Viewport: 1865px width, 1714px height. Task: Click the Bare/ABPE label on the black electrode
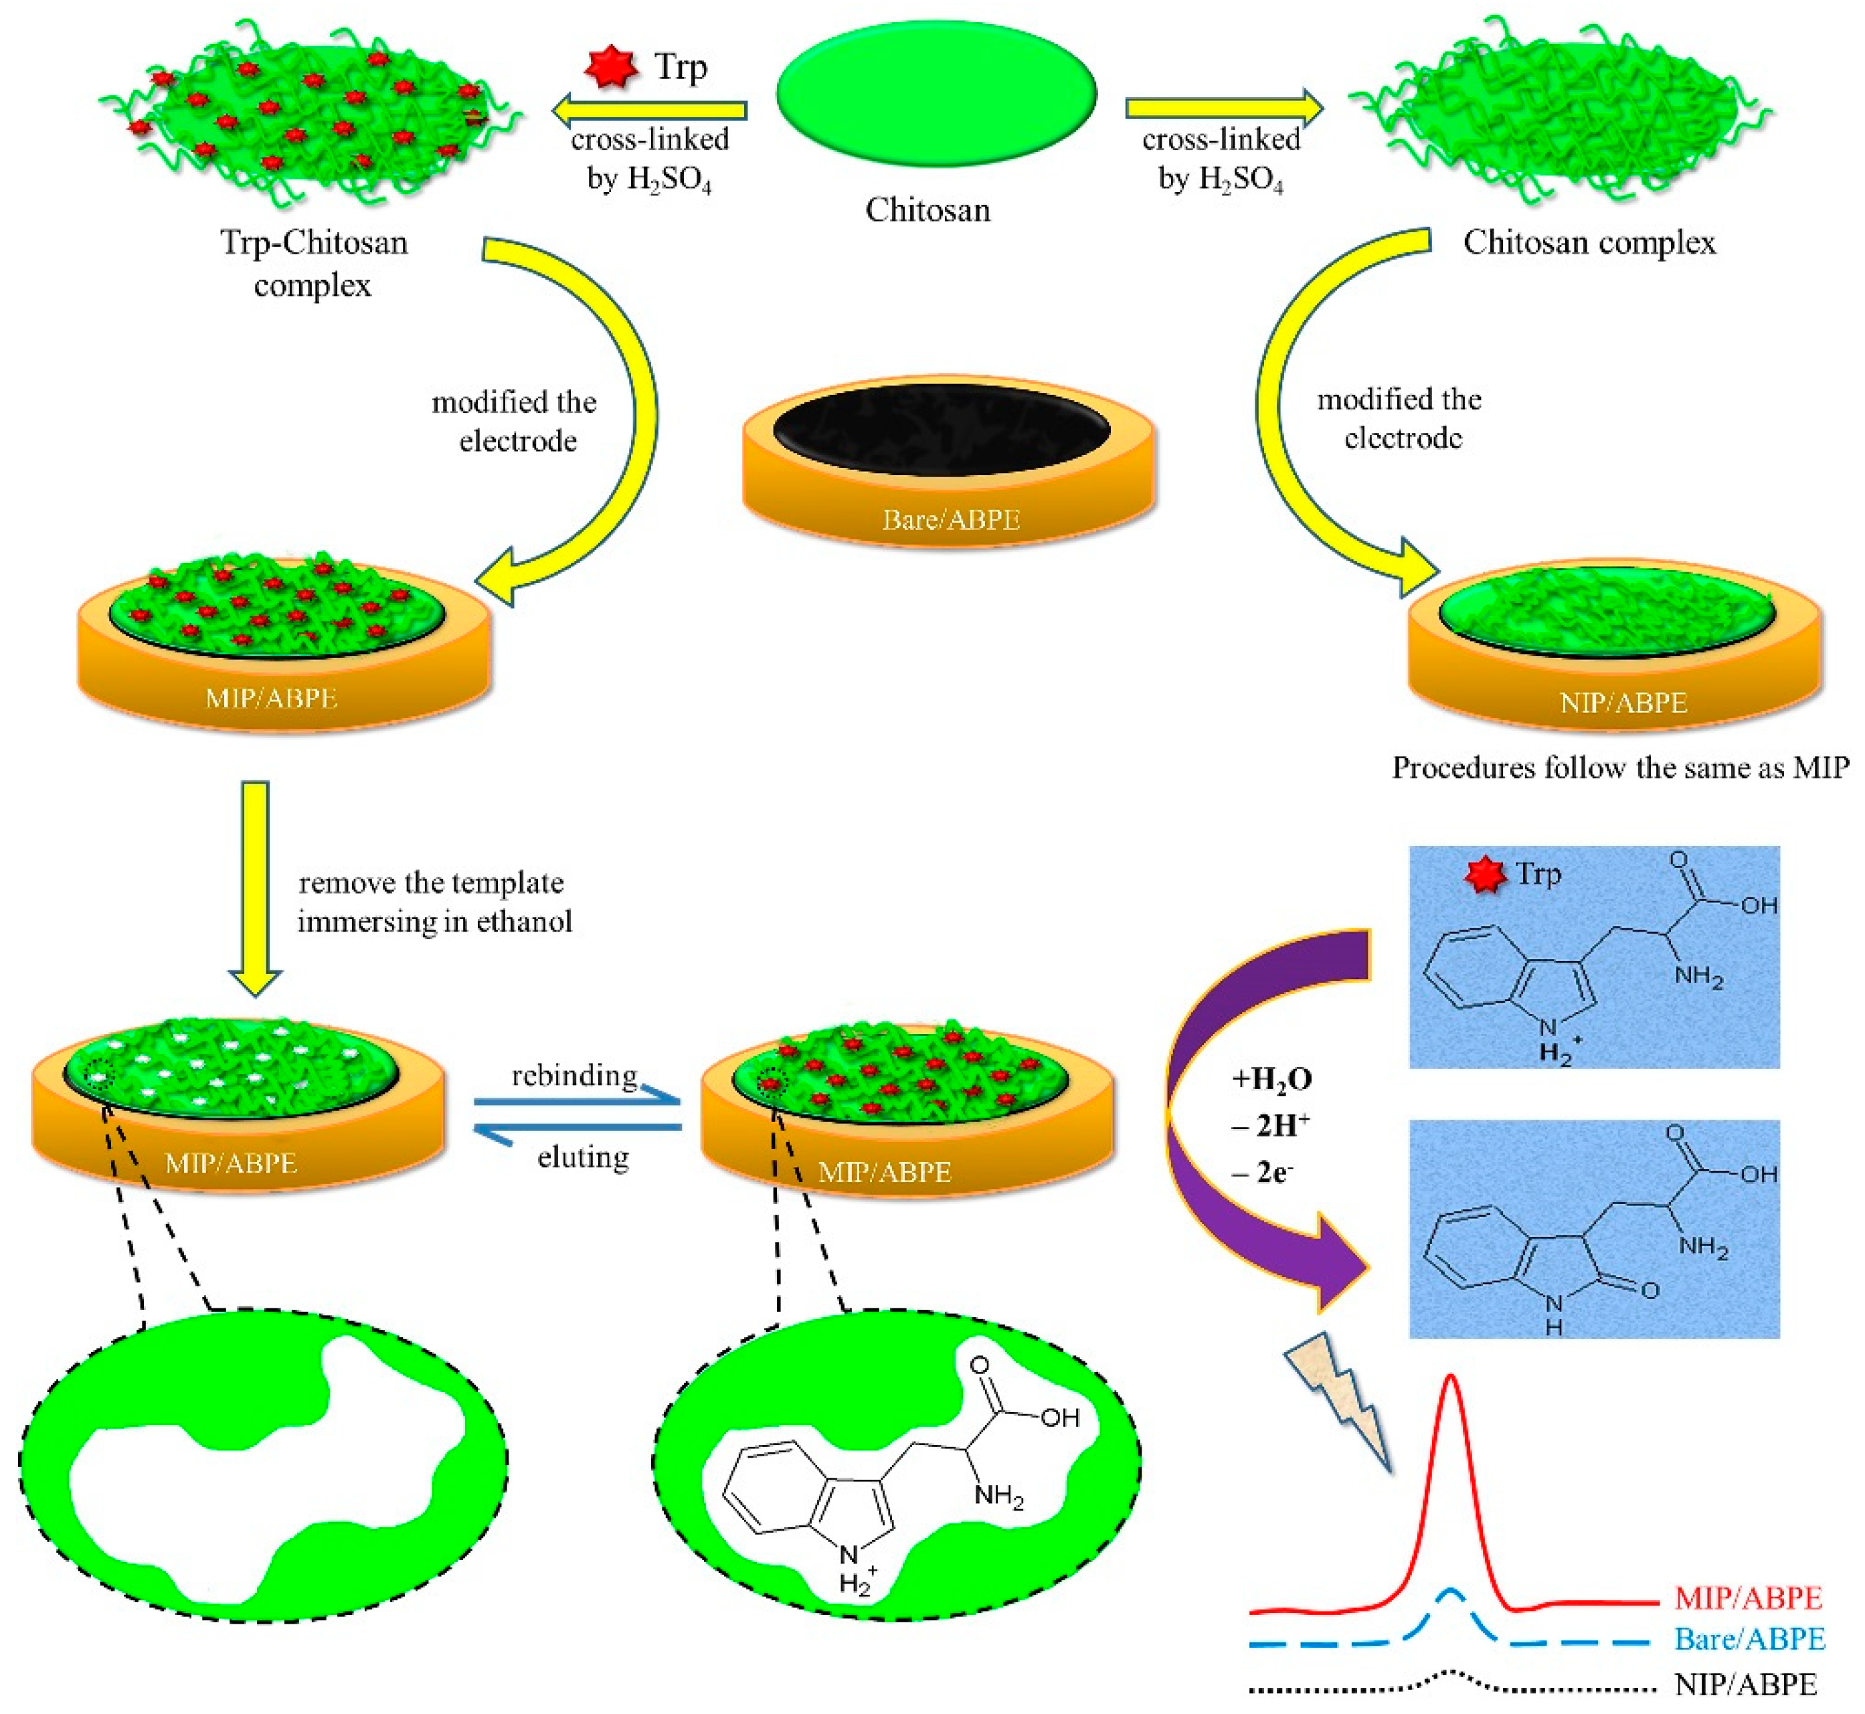coord(951,519)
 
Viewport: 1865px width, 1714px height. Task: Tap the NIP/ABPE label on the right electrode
coord(1623,702)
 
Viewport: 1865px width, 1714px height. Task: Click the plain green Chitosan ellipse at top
coord(937,93)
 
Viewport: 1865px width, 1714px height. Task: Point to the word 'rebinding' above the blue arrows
coord(574,1075)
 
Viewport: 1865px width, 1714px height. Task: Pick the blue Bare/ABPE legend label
coord(1750,1639)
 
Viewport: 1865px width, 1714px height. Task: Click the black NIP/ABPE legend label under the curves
coord(1745,1683)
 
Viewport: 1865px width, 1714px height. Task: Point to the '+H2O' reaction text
coord(1271,1079)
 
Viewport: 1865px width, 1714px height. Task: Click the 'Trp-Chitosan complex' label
coord(313,262)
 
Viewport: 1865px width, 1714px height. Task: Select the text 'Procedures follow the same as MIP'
coord(1620,768)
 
